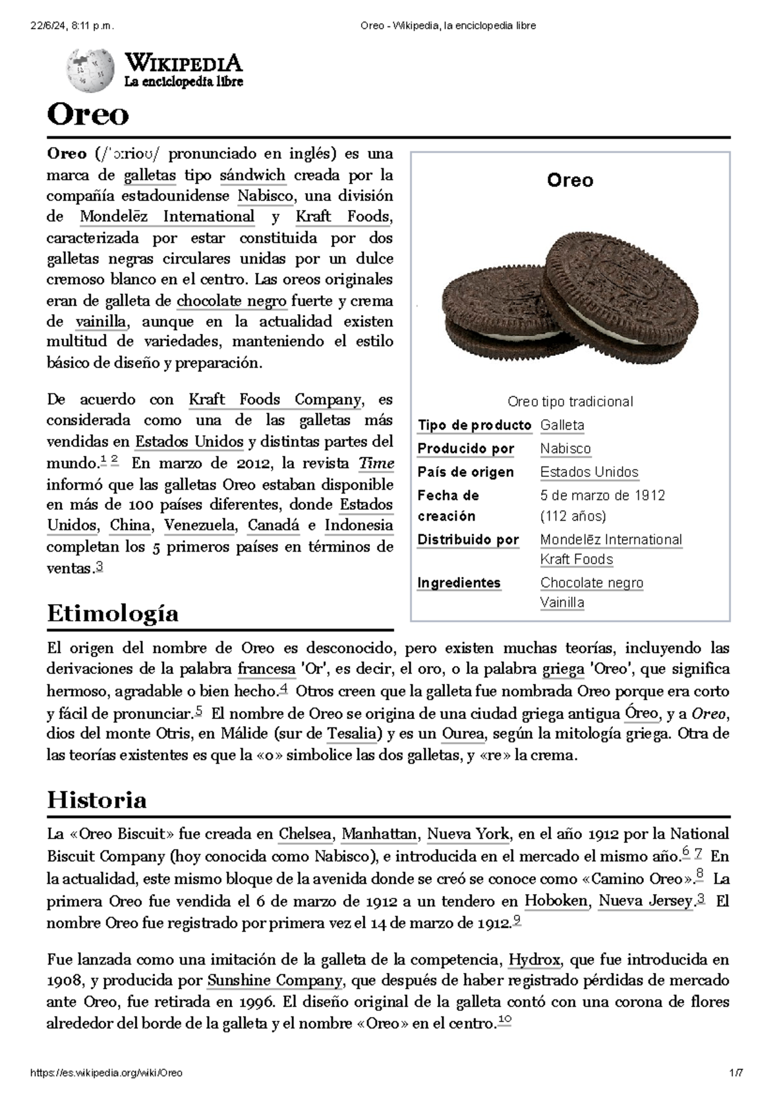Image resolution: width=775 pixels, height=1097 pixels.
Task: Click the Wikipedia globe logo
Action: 85,70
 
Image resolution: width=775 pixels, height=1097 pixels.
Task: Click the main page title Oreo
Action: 88,115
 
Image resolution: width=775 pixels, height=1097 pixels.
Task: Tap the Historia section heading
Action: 97,800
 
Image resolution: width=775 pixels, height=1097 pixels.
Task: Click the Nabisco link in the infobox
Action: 565,448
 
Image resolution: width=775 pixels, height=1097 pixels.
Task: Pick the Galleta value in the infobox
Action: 562,425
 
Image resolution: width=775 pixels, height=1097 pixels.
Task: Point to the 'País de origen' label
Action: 465,472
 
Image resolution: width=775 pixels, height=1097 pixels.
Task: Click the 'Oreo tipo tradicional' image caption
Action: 570,401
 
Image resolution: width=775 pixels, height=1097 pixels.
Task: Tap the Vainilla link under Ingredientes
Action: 562,602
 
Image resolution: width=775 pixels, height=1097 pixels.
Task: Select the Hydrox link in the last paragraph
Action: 534,959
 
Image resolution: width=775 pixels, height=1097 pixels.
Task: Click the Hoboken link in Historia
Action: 556,901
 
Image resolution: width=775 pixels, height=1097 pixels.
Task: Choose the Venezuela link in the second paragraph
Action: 199,525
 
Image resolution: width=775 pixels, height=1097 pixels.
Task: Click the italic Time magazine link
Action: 376,463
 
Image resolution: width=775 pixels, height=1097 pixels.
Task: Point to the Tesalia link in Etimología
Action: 352,733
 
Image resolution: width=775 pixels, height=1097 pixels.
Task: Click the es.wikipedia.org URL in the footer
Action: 107,1073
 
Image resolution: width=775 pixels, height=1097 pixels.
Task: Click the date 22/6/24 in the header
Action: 72,26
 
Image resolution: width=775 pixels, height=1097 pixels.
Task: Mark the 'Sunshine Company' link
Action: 274,981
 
